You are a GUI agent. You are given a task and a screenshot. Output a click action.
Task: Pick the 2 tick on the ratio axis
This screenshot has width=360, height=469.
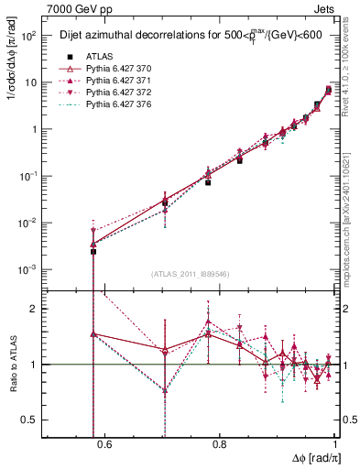(x=37, y=309)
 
